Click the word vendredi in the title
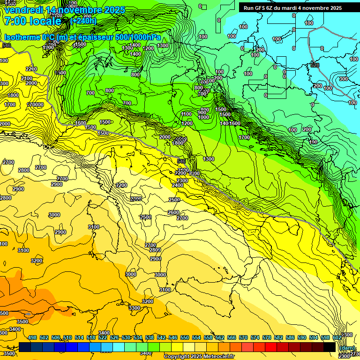click(x=24, y=10)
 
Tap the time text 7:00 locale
click(x=32, y=21)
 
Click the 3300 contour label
click(x=134, y=308)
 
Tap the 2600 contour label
click(x=173, y=212)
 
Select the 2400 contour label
click(x=178, y=185)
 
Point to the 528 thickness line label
click(x=315, y=65)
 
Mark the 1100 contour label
click(x=186, y=114)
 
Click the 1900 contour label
click(x=48, y=47)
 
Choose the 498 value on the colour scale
click(x=32, y=337)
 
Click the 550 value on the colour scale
click(x=185, y=337)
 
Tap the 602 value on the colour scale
click(x=337, y=337)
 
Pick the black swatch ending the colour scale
click(x=330, y=347)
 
